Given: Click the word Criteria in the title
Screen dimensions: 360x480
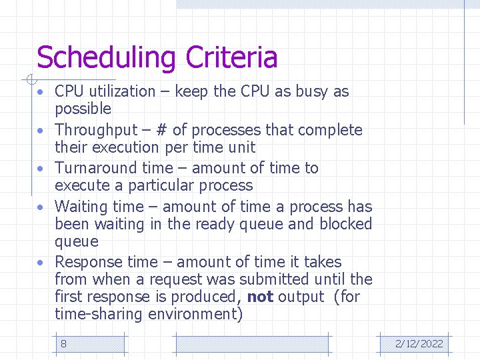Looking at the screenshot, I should [x=231, y=57].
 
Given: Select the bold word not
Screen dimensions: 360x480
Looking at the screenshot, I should [x=260, y=297].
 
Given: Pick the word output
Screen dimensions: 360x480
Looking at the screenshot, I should [x=301, y=297].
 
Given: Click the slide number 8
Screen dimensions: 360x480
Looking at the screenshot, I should [x=63, y=344].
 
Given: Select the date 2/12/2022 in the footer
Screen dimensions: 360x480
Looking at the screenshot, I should [x=419, y=344].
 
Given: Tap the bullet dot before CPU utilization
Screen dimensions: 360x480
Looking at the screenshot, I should [x=41, y=92].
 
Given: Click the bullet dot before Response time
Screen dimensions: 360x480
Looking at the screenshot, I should [x=41, y=263].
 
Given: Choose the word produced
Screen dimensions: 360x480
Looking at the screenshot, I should [x=206, y=297].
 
